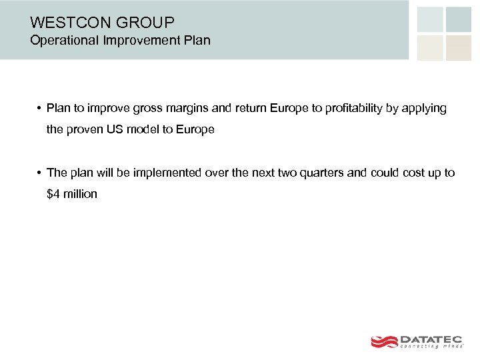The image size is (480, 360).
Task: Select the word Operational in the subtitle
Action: (x=63, y=41)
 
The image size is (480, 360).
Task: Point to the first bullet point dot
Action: (x=40, y=109)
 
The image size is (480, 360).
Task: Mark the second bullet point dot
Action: (x=40, y=173)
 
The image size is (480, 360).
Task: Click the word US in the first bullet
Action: (x=114, y=130)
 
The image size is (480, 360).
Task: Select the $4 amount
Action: (x=53, y=194)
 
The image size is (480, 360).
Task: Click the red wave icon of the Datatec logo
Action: (x=384, y=341)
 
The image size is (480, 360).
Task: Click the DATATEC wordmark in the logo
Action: (x=431, y=339)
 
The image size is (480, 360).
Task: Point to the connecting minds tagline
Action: (x=431, y=347)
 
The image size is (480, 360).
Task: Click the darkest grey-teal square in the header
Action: (x=458, y=19)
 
